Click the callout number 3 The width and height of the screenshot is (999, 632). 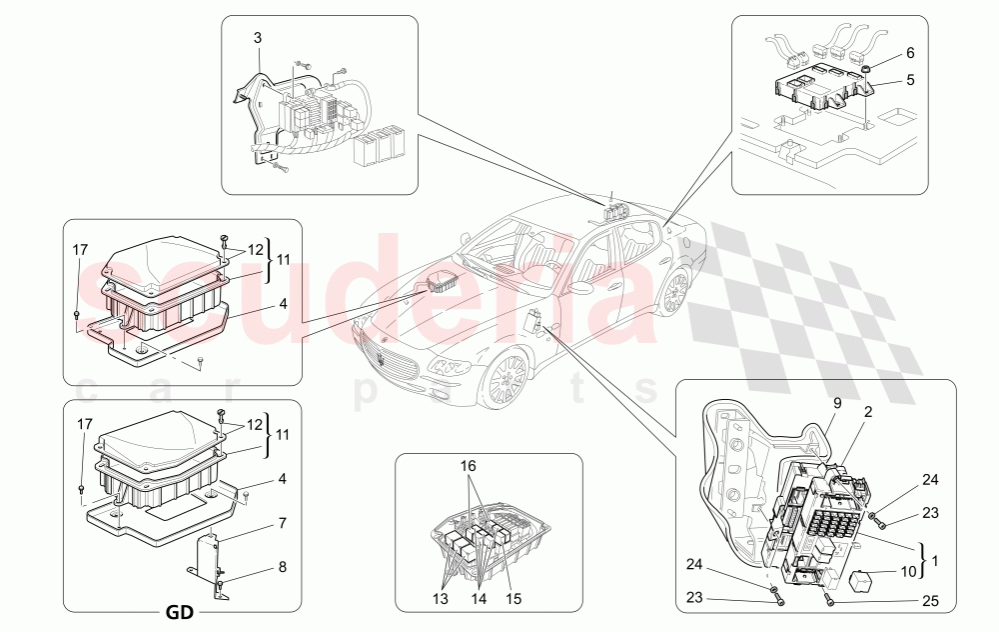(x=257, y=38)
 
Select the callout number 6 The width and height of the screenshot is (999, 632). (x=910, y=52)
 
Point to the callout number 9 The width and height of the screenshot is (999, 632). (x=838, y=404)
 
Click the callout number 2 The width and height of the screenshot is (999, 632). (x=868, y=411)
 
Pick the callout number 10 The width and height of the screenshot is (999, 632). (x=909, y=572)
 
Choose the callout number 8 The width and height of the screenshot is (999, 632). (x=283, y=566)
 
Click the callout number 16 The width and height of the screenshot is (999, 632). (x=469, y=467)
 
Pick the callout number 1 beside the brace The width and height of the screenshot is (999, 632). (x=934, y=561)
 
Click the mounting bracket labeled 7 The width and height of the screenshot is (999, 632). (x=209, y=555)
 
